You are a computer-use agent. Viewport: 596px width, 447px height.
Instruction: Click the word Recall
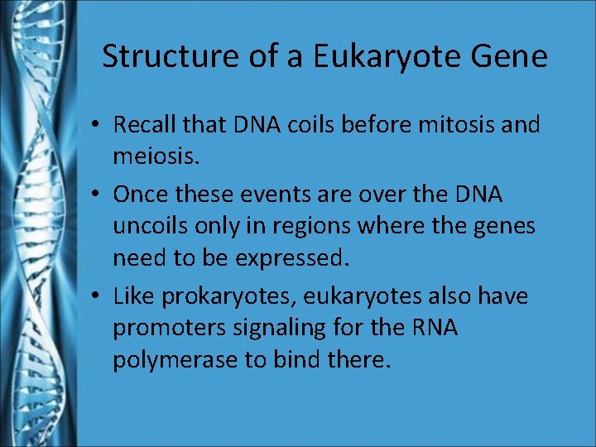[x=142, y=126]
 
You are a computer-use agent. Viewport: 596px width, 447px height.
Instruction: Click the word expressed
[x=289, y=257]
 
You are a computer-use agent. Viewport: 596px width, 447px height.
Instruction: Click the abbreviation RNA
[x=434, y=328]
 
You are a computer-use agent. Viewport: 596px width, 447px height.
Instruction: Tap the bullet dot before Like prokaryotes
[x=97, y=296]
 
